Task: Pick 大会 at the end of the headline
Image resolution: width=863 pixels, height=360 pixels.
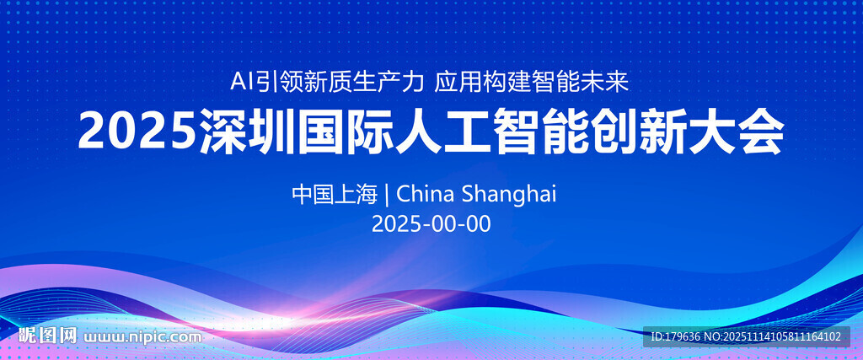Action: pos(737,132)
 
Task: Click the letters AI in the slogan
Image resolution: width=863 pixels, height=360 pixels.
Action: pos(239,83)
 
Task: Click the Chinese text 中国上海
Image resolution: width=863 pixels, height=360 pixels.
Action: pos(335,194)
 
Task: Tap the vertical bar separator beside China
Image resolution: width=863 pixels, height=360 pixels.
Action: pos(388,194)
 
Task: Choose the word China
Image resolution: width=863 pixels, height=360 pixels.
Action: pos(426,194)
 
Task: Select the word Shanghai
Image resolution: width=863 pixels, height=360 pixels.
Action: pos(509,196)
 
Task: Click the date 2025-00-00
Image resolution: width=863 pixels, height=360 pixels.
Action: pos(431,224)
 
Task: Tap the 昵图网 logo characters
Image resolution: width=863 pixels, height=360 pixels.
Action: pos(47,335)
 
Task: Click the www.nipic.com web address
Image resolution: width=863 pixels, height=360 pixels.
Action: pos(142,336)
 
